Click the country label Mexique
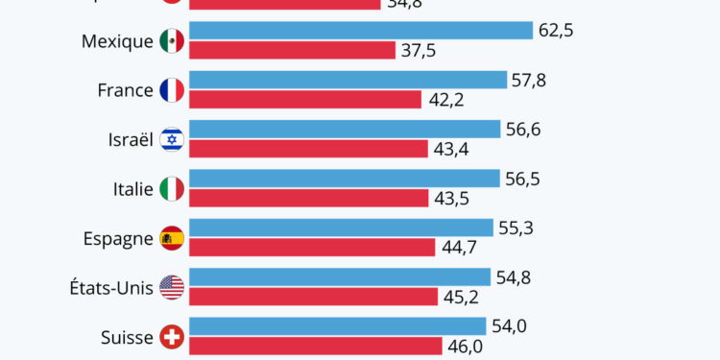coord(117,41)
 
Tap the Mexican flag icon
coord(172,41)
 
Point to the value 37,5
coord(419,50)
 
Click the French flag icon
coord(172,90)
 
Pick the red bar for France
coord(305,99)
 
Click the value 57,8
coord(529,80)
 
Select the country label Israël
coord(130,139)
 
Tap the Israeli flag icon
coord(172,139)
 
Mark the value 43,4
coord(450,149)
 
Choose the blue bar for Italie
coord(345,179)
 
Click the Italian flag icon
coord(172,189)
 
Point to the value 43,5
coord(451,198)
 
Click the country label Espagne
coord(119,239)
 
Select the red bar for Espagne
coord(312,247)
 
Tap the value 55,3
coord(516,228)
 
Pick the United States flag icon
coord(172,287)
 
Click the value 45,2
coord(461,297)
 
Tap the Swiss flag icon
coord(172,337)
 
